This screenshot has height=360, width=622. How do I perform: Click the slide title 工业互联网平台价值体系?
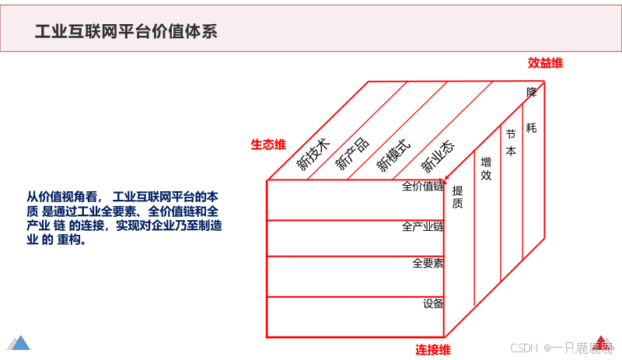pyautogui.click(x=126, y=31)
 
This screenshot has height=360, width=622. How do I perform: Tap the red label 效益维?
pyautogui.click(x=545, y=63)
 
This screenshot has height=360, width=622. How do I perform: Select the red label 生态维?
pyautogui.click(x=268, y=145)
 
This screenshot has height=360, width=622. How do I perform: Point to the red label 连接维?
pyautogui.click(x=433, y=349)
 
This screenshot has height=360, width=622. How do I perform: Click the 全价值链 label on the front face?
pyautogui.click(x=422, y=187)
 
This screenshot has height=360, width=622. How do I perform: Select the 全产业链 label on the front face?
pyautogui.click(x=422, y=227)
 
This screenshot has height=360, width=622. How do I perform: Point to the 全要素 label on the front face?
pyautogui.click(x=428, y=264)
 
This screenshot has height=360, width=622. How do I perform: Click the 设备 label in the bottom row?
pyautogui.click(x=433, y=303)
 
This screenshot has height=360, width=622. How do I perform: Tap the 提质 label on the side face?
pyautogui.click(x=457, y=197)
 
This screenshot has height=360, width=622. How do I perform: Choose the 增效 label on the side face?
pyautogui.click(x=486, y=169)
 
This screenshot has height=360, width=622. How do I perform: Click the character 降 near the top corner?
pyautogui.click(x=532, y=92)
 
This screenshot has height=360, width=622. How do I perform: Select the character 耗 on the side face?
pyautogui.click(x=531, y=127)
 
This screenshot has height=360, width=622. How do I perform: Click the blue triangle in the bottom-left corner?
pyautogui.click(x=19, y=342)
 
